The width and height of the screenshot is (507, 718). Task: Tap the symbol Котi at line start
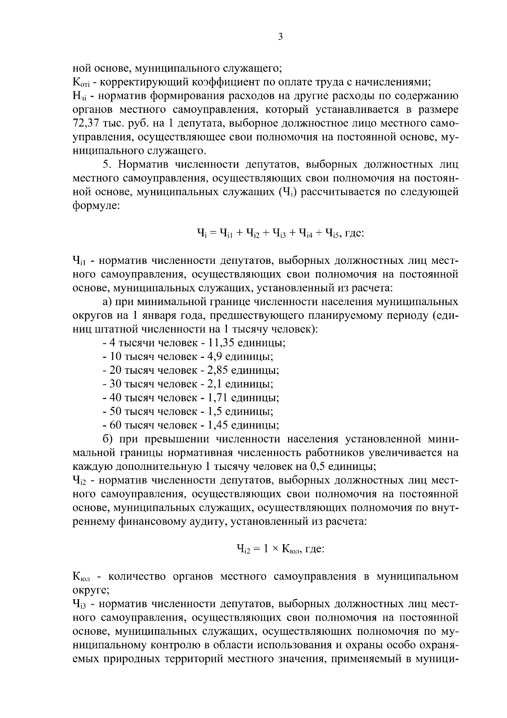click(80, 82)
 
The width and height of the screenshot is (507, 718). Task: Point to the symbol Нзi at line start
click(79, 96)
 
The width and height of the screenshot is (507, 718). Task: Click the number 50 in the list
click(116, 411)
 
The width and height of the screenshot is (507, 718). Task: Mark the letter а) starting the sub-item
click(107, 301)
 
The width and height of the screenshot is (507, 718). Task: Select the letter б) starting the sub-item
click(107, 439)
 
